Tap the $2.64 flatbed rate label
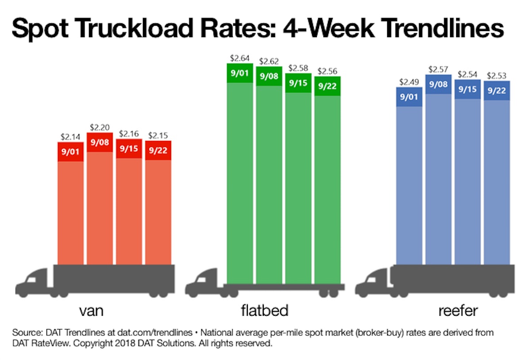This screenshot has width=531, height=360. click(240, 58)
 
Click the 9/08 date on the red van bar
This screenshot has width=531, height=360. click(100, 143)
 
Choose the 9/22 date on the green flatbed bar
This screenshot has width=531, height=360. click(327, 86)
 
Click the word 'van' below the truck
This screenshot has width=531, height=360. click(91, 310)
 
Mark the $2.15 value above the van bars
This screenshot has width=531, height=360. click(158, 135)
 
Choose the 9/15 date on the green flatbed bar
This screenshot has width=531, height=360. click(298, 82)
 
